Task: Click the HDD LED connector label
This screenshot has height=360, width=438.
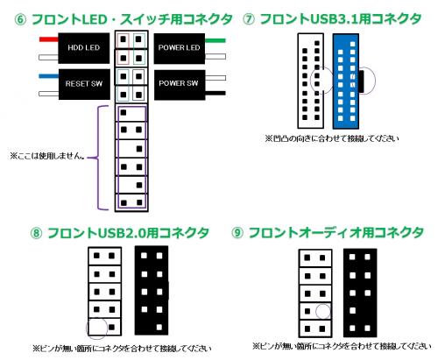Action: pos(84,48)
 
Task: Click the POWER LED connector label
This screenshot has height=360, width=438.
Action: pos(180,48)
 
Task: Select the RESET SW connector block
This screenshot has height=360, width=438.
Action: pos(84,84)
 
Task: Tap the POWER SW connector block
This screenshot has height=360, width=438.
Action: pos(180,85)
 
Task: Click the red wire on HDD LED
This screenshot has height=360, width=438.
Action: pos(49,39)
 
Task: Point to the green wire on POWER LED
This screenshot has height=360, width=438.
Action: pos(215,40)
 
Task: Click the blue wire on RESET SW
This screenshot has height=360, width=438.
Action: pos(49,76)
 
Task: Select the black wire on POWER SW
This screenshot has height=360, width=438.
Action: pos(215,93)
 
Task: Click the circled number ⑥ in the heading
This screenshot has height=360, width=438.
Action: pos(20,20)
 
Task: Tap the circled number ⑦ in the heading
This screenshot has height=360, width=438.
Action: pos(249,19)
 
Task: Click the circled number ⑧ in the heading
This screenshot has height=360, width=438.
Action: pos(36,233)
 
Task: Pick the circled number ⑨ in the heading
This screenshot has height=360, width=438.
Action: pos(237,233)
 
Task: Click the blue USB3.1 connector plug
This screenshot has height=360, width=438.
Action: pos(346,81)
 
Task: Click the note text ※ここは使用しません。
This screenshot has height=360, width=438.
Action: pos(47,156)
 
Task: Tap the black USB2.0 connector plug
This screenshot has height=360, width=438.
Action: pos(152,291)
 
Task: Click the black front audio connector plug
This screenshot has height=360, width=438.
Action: pos(360,293)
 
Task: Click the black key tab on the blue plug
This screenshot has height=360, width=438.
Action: pos(361,81)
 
